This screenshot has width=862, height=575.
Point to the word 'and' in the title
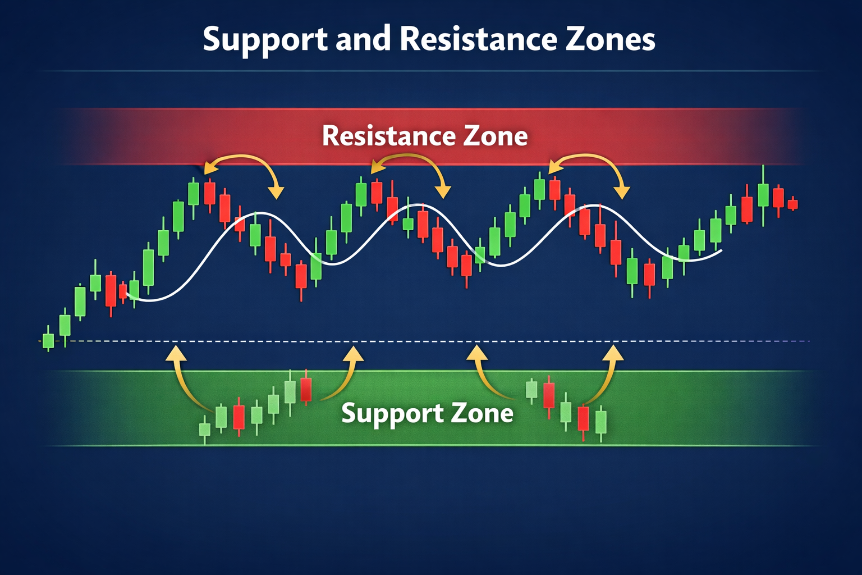pyautogui.click(x=363, y=39)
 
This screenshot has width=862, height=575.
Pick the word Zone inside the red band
pyautogui.click(x=496, y=136)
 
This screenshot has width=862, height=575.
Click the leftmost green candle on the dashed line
pyautogui.click(x=48, y=341)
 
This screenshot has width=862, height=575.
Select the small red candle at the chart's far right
pyautogui.click(x=792, y=204)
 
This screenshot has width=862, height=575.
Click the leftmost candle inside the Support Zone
pyautogui.click(x=205, y=430)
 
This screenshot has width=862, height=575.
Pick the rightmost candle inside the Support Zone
pyautogui.click(x=601, y=422)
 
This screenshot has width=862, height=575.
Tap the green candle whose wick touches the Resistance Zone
pyautogui.click(x=763, y=194)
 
